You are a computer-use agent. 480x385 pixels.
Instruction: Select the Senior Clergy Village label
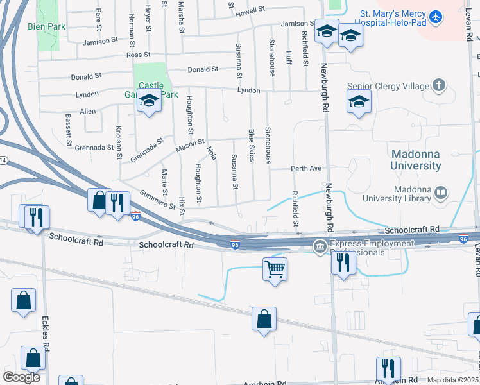(387, 86)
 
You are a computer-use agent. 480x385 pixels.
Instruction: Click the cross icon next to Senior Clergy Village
(438, 85)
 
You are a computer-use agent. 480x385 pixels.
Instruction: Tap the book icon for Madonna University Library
(440, 192)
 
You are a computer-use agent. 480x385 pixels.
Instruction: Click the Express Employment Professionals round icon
(320, 246)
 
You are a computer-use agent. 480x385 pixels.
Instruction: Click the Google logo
(21, 377)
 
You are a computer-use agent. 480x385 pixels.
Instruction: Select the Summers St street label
(158, 200)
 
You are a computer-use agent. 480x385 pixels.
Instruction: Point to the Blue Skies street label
(252, 146)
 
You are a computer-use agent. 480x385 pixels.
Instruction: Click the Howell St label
(250, 11)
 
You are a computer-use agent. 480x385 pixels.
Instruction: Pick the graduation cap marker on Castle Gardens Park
(149, 101)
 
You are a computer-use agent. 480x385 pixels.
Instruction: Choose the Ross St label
(138, 55)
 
